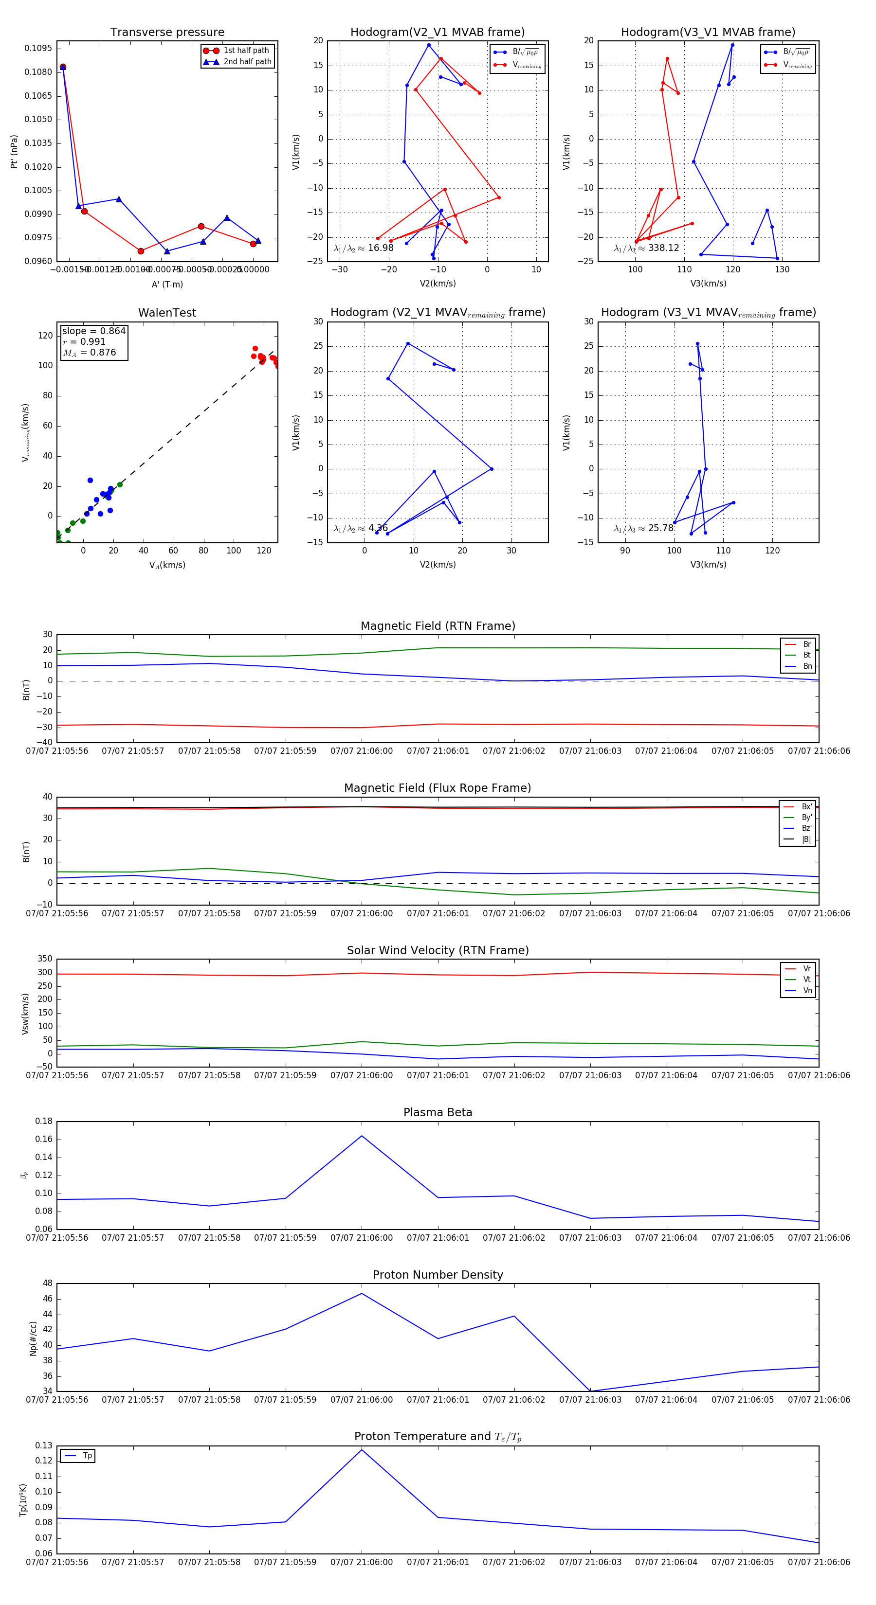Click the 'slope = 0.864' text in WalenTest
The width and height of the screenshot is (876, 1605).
click(93, 331)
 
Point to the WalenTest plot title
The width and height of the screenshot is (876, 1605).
click(167, 313)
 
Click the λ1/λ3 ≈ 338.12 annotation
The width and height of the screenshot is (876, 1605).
click(646, 248)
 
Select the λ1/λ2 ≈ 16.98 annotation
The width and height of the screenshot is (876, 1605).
click(364, 248)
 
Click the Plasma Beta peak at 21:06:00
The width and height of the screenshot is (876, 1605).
click(362, 1136)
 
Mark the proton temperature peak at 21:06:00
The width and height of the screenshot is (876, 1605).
click(362, 1450)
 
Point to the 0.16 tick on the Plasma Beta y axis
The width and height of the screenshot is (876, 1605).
click(44, 1140)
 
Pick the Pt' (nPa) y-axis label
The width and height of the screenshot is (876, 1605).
click(14, 151)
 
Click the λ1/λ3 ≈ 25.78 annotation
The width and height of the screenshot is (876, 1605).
click(643, 528)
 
